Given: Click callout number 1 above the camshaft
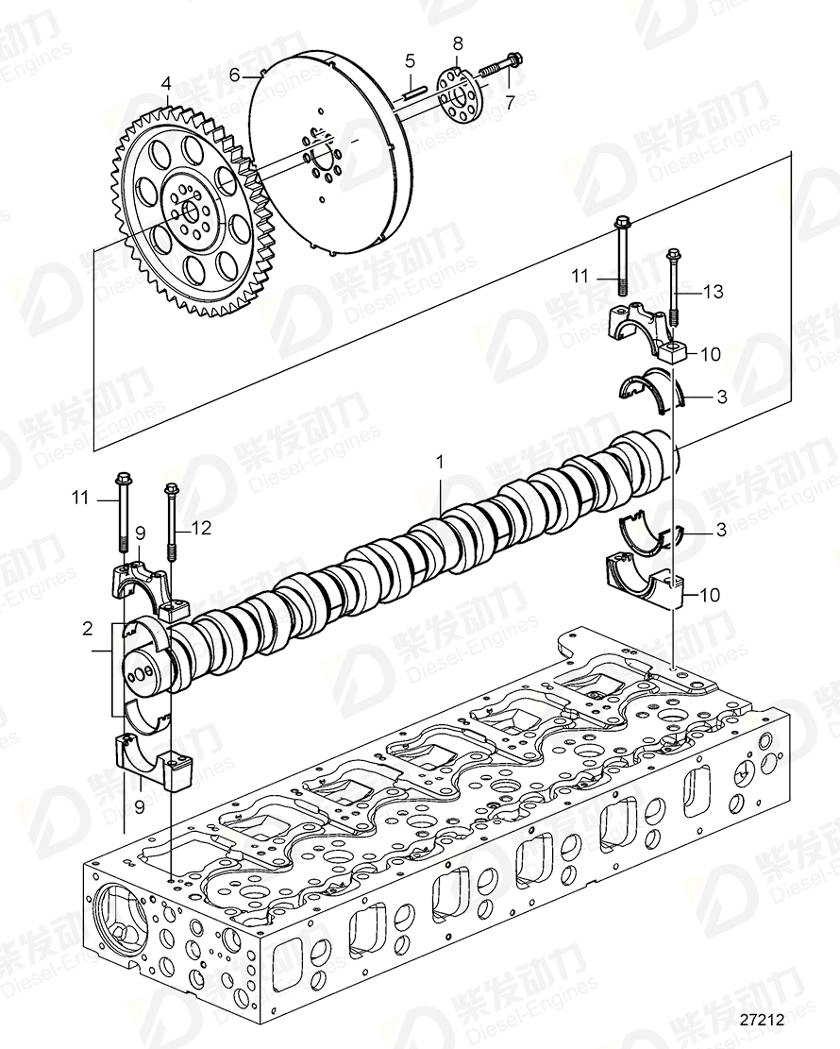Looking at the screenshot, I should point(439,462).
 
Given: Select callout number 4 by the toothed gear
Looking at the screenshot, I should point(166,82).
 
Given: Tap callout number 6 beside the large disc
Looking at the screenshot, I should point(234,75).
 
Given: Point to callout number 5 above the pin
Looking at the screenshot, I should point(411,61).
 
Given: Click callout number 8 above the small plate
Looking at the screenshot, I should point(458,43).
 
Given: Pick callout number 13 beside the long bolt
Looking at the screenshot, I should point(713,292).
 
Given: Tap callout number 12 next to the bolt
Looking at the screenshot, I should point(202,529).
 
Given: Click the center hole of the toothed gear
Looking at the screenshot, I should point(188,211).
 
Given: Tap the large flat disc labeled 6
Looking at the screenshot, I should point(330,156).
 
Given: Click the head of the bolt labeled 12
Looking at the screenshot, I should point(171,489).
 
